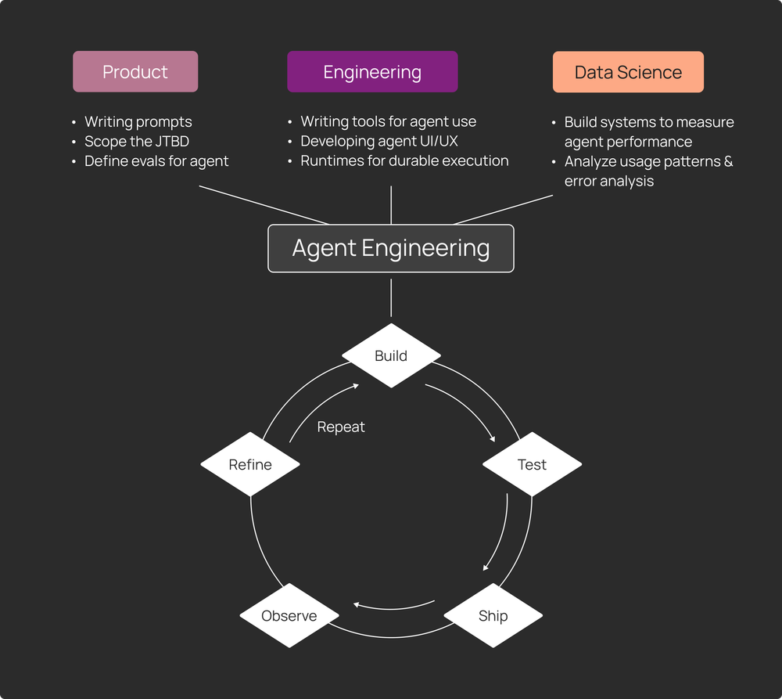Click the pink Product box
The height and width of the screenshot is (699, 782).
pyautogui.click(x=135, y=72)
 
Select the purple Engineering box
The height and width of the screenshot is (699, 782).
pyautogui.click(x=372, y=72)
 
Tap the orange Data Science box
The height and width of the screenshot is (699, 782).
pyautogui.click(x=628, y=72)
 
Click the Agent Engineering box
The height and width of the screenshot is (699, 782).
pyautogui.click(x=391, y=248)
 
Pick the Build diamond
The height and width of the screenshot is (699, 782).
pyautogui.click(x=391, y=356)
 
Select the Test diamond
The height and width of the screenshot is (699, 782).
pyautogui.click(x=532, y=464)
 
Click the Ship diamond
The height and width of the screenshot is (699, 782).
pyautogui.click(x=493, y=615)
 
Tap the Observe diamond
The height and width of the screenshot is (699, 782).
pyautogui.click(x=289, y=615)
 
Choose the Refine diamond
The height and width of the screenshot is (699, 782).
pyautogui.click(x=250, y=464)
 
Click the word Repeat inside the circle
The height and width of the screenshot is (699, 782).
pyautogui.click(x=341, y=427)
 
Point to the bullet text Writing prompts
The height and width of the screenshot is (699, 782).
pyautogui.click(x=138, y=122)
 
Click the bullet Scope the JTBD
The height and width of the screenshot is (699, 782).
pyautogui.click(x=137, y=142)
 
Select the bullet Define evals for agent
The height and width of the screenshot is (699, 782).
pyautogui.click(x=156, y=161)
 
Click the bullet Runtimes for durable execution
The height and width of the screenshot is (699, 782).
pyautogui.click(x=404, y=161)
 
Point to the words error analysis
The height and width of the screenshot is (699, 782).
pyautogui.click(x=609, y=181)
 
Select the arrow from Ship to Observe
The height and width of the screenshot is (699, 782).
pyautogui.click(x=395, y=607)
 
